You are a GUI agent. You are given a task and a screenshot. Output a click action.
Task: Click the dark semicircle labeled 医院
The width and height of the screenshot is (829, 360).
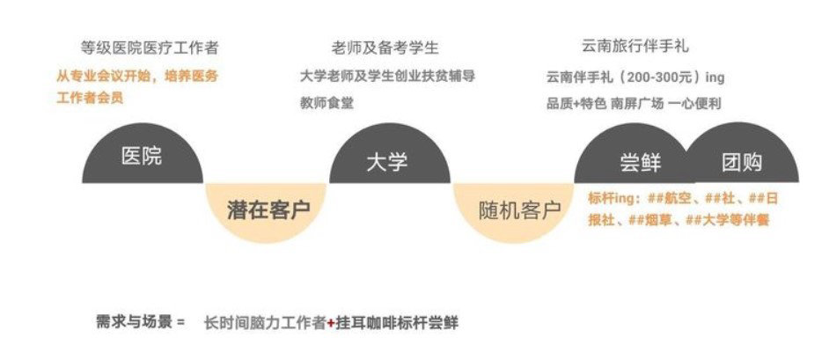click(143, 155)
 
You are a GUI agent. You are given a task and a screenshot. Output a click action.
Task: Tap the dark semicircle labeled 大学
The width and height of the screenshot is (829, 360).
click(390, 155)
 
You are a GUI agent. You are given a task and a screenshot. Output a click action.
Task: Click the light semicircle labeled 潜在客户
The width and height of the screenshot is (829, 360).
click(266, 211)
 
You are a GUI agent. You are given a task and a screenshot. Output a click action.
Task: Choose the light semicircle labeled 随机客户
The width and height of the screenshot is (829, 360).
click(513, 211)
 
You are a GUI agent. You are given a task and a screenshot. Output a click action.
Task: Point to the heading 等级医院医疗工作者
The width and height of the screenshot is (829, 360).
click(150, 48)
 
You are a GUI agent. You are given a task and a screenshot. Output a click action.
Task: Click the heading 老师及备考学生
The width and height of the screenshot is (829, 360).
click(385, 48)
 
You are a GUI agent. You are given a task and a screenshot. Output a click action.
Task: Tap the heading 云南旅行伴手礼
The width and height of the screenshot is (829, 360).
click(635, 47)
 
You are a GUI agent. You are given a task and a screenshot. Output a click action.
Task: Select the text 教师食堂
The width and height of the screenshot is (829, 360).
click(326, 103)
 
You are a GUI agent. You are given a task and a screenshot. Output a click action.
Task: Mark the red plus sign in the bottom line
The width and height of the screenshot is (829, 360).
click(330, 323)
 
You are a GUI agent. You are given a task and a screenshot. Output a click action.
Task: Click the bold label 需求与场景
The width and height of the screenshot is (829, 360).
click(135, 321)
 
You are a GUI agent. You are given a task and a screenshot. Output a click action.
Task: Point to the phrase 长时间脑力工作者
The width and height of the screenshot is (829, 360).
click(265, 323)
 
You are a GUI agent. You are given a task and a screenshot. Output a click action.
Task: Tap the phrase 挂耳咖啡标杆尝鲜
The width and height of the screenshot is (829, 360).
click(397, 323)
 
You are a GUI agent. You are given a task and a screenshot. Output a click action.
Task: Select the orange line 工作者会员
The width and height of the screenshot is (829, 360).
click(90, 98)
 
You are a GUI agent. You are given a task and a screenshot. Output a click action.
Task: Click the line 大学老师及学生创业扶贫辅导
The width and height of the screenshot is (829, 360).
click(387, 76)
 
